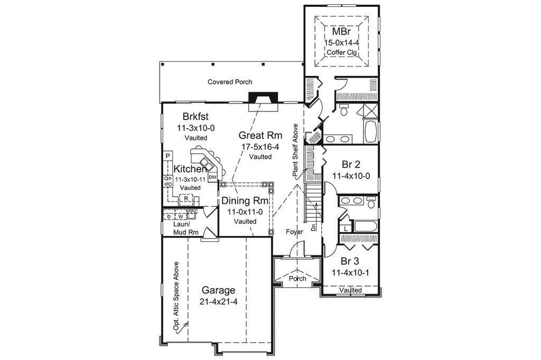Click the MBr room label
point(340,32)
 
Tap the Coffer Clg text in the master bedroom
point(340,52)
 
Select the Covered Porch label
point(229,82)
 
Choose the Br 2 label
point(350,164)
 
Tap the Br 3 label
point(350,261)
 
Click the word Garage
point(218,290)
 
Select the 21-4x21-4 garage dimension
point(218,302)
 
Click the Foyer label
point(294,232)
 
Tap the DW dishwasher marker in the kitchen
point(211,177)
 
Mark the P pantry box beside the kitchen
point(167,156)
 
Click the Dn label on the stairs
point(313,228)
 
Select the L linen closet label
point(346,229)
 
